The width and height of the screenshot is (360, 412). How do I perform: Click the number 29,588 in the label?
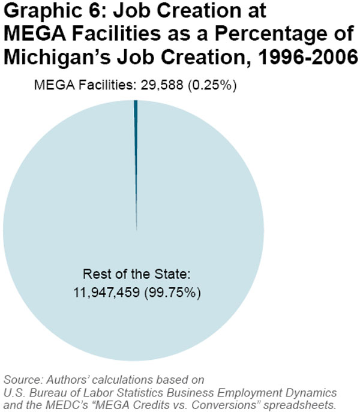162,86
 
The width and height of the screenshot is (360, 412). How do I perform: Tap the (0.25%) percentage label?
214,86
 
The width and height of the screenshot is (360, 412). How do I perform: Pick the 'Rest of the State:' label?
137,276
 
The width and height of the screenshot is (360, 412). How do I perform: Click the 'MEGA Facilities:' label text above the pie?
84,86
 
